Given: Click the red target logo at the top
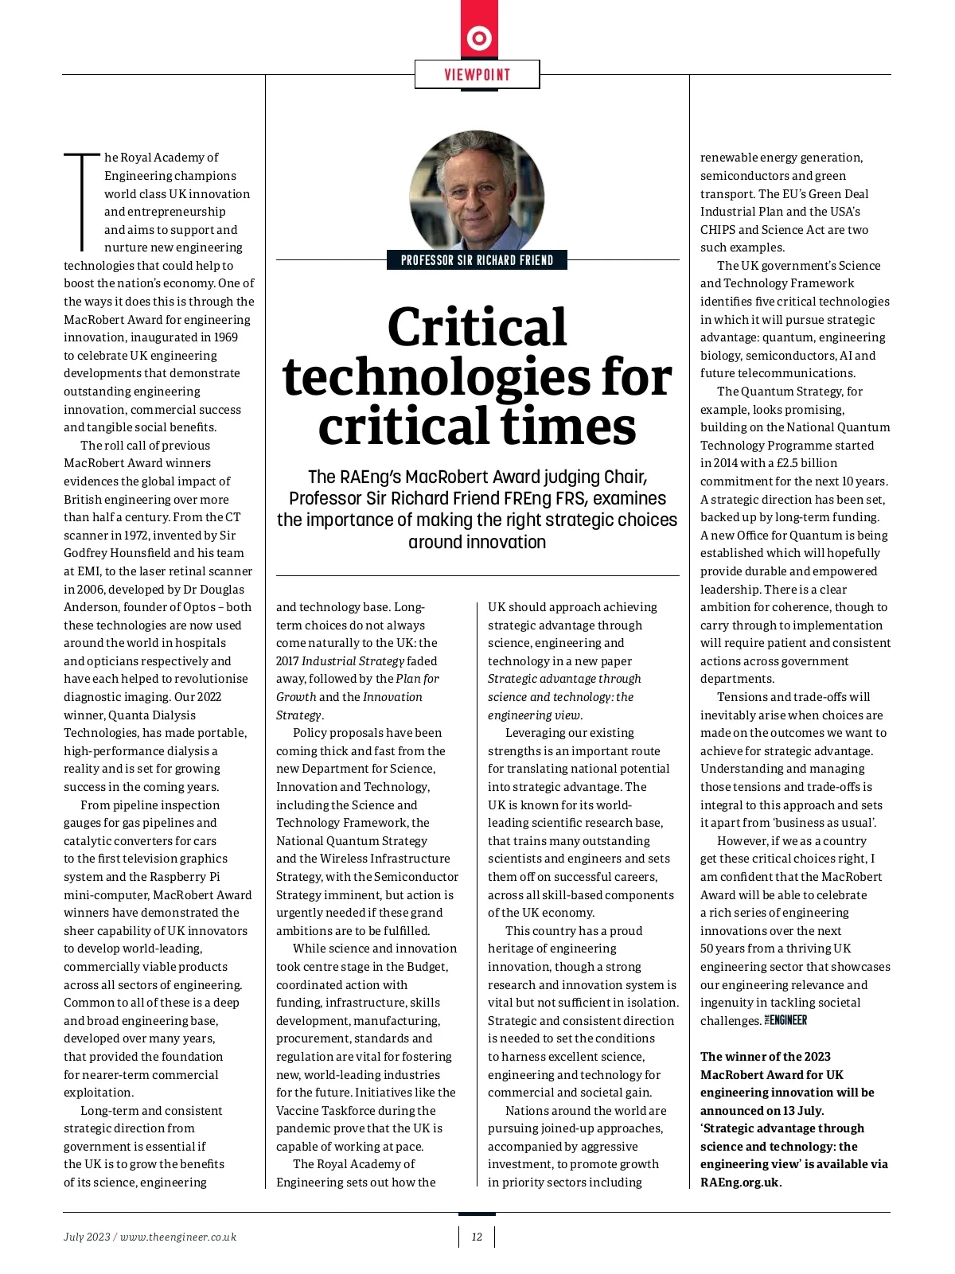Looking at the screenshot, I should (479, 38).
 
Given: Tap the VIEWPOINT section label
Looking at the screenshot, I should (477, 75).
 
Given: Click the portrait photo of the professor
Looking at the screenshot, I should (477, 192).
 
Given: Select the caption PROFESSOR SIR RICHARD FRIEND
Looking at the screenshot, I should (477, 260).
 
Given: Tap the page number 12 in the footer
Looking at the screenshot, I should (477, 1237).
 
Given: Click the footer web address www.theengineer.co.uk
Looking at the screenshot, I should (178, 1237).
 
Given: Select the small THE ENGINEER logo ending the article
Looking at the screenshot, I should (786, 1020).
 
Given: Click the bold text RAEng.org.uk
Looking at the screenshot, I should (740, 1182).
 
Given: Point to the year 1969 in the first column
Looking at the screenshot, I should (226, 337).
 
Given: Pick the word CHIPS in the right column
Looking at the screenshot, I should (717, 230).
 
